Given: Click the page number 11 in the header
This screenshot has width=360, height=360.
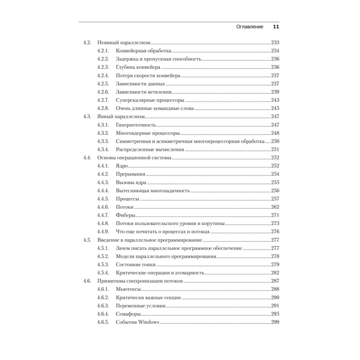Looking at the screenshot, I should pos(276,27).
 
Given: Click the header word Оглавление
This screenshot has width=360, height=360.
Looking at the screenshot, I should pos(249,27).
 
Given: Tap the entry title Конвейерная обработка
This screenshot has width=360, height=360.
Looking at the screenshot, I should pos(144,50).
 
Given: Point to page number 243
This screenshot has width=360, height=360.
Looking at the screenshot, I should pos(275,100).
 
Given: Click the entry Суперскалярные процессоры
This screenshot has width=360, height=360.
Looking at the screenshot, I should pos(150,100).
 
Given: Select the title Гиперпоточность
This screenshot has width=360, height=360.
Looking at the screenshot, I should pos(136,125).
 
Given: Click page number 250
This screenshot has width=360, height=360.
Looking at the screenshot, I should pos(275,141).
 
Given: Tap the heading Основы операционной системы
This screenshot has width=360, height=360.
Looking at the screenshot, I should pos(134,158).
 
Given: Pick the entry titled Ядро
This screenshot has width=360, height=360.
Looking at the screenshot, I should pos(122,166).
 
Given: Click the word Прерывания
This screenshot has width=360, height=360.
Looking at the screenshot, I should pos(131,174).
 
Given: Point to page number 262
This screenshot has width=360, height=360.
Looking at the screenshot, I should pos(275,207).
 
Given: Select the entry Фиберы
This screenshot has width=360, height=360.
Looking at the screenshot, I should pos(126,215).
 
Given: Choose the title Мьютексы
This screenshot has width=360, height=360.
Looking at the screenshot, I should pos(129,289).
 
